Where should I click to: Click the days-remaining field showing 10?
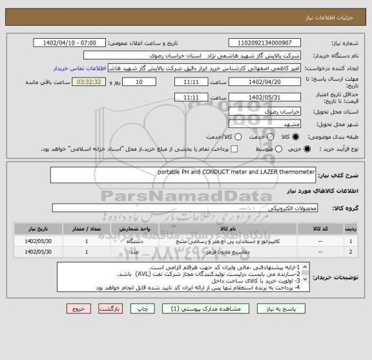point(140,83)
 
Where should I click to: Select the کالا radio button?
point(296,136)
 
